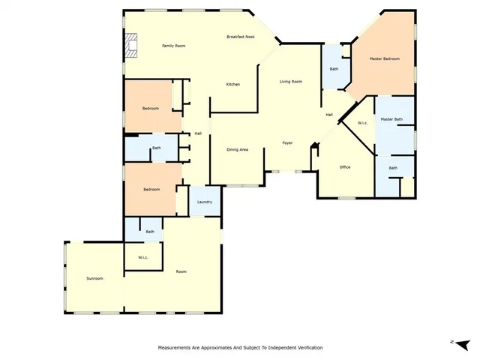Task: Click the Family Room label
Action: click(x=173, y=46)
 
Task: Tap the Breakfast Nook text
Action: click(x=240, y=37)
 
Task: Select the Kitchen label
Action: click(x=233, y=84)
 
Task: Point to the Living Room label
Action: click(x=290, y=81)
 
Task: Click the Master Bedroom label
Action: click(x=384, y=58)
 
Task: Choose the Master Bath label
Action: click(x=391, y=119)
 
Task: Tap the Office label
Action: click(x=345, y=166)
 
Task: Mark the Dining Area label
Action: click(x=237, y=149)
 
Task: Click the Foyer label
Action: click(x=287, y=142)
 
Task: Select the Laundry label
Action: click(x=205, y=202)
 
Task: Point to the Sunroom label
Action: click(x=94, y=278)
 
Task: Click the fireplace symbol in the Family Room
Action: click(x=132, y=46)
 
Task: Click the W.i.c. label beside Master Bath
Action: click(x=362, y=123)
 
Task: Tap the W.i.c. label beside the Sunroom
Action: click(x=143, y=258)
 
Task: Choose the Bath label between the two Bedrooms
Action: click(x=157, y=148)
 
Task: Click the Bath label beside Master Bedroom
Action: click(x=334, y=69)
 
